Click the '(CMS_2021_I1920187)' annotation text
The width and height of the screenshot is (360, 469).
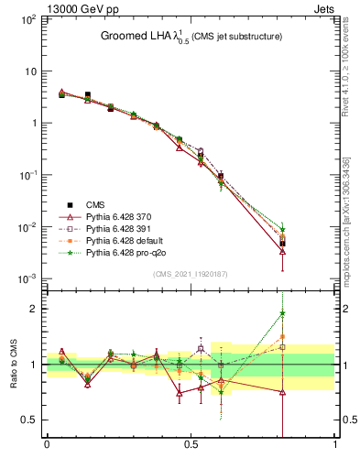pos(190,273)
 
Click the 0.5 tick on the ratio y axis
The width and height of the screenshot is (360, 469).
pos(30,420)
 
